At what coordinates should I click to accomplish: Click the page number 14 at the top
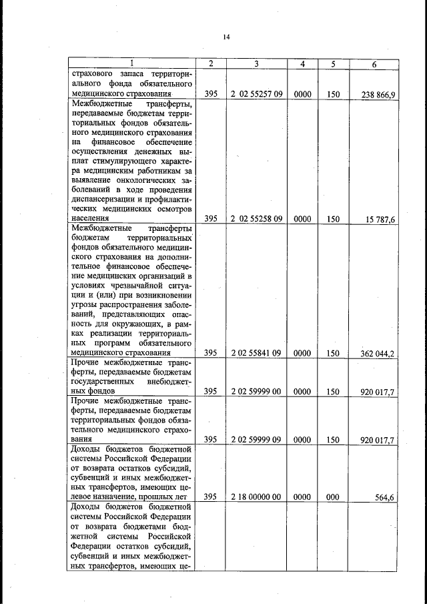(x=226, y=37)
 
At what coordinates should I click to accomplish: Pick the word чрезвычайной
(x=143, y=285)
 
